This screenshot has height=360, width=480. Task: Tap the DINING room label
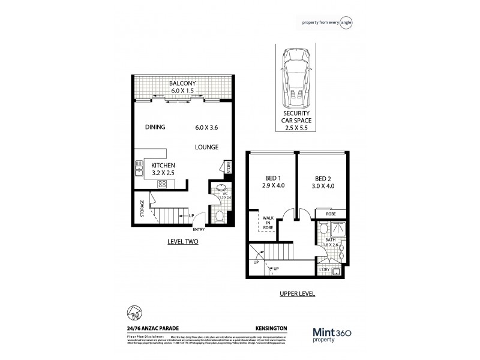click(155, 127)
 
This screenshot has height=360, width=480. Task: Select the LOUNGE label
click(206, 147)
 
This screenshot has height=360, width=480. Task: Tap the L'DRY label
click(326, 271)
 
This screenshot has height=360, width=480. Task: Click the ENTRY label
click(199, 229)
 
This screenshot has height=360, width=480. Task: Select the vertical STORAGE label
click(142, 209)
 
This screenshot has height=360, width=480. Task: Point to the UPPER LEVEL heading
click(298, 295)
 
